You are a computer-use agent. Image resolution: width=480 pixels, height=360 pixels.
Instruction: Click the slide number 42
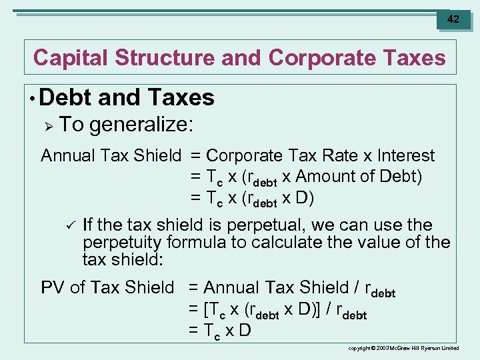453,19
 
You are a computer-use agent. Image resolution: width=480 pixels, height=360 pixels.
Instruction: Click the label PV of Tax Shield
107,287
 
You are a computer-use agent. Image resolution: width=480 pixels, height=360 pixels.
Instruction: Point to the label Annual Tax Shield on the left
111,156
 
